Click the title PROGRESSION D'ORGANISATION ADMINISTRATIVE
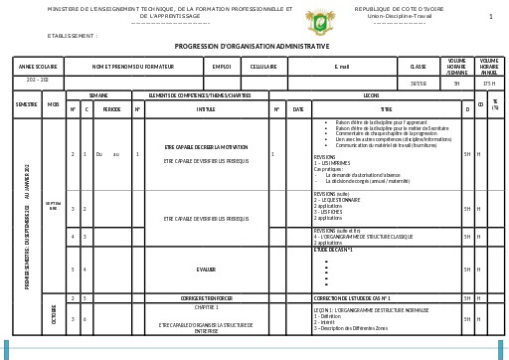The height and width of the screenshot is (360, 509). click(252, 47)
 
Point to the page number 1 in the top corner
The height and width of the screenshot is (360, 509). click(491, 17)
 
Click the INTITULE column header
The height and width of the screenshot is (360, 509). click(206, 108)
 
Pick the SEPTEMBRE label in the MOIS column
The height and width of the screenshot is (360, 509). click(53, 206)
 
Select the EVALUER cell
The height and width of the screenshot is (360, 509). click(206, 270)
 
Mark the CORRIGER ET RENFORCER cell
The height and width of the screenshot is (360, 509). click(206, 298)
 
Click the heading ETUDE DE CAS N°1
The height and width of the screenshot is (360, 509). click(333, 249)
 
